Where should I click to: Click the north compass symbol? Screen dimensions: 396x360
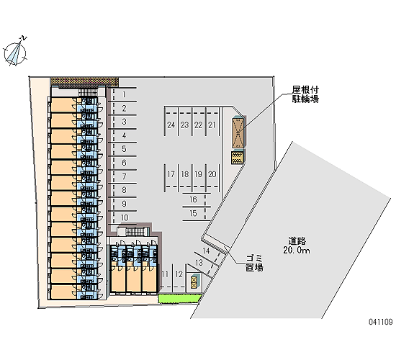click(15, 53)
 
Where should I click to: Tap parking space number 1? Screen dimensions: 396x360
click(124, 94)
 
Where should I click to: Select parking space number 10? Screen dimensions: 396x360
click(125, 217)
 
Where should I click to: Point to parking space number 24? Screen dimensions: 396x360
click(171, 125)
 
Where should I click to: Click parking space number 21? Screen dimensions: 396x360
click(212, 125)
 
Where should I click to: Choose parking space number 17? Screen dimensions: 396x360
click(171, 174)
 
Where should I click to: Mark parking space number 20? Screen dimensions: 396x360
click(212, 174)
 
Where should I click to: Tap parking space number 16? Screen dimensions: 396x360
click(193, 199)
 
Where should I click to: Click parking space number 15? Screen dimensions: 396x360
click(193, 213)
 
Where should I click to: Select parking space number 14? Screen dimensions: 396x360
click(206, 251)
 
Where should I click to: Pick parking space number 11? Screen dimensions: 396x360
click(165, 274)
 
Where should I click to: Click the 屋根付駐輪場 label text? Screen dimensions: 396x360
click(305, 94)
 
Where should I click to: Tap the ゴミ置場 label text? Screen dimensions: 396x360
click(254, 263)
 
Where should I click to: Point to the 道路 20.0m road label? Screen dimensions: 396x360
click(297, 246)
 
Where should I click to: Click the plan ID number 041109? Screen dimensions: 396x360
click(381, 322)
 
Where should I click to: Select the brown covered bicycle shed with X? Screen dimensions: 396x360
click(238, 132)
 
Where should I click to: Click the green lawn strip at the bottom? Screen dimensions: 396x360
click(180, 298)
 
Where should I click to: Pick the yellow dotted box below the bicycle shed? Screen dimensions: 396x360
click(238, 158)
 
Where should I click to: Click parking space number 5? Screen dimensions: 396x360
click(124, 149)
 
